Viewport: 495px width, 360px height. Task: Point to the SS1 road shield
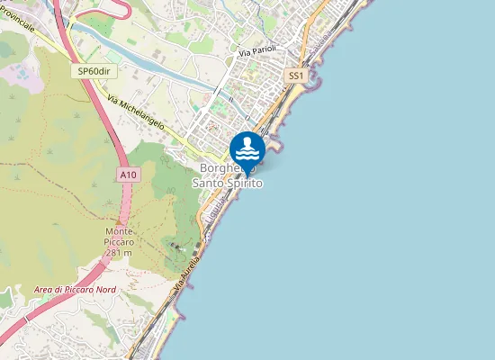point(296,76)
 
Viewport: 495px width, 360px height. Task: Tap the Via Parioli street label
point(256,52)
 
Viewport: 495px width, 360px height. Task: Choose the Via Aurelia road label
point(185,269)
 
